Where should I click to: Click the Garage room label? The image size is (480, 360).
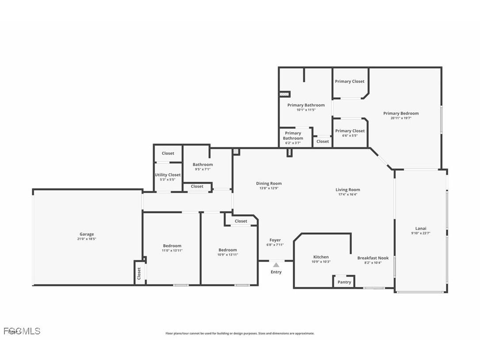87,234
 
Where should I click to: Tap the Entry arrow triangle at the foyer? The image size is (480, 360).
276,264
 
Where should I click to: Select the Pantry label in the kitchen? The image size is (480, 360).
344,282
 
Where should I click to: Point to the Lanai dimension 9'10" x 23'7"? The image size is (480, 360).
421,233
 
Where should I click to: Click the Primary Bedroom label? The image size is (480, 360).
401,113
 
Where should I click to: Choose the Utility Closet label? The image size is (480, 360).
168,175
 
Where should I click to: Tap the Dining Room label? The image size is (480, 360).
269,184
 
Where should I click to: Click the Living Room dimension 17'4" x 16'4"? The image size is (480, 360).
348,194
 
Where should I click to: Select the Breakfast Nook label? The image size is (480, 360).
373,258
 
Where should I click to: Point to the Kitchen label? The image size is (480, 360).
321,257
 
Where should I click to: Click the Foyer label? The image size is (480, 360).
275,240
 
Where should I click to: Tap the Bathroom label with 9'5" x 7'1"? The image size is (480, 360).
202,165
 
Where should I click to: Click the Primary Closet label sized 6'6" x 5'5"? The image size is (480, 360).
350,131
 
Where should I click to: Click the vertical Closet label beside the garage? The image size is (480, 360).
139,273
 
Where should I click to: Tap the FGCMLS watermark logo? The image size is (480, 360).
22,331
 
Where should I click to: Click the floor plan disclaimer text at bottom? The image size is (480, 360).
240,333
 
